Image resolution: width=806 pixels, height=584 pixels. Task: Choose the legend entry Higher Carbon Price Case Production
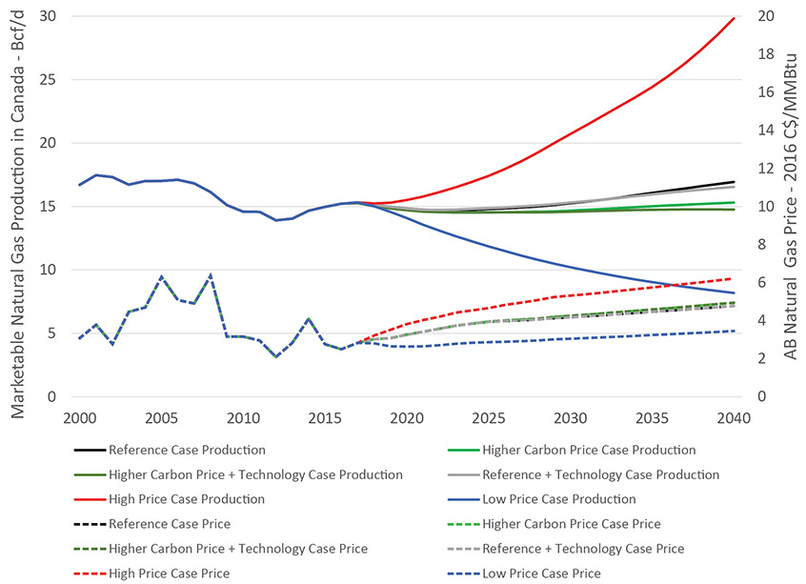click(x=589, y=450)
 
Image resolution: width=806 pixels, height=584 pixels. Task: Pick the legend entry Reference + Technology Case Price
click(x=583, y=549)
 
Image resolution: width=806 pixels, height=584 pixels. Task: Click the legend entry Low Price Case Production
click(x=558, y=499)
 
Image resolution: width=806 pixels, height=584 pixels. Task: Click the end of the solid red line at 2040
click(x=734, y=18)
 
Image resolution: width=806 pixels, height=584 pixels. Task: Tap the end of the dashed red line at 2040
click(x=734, y=278)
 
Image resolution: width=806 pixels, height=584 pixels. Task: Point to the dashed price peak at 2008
click(x=211, y=274)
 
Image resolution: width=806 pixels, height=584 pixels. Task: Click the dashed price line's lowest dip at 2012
click(x=275, y=357)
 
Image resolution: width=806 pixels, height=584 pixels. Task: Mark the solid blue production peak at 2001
click(x=96, y=175)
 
